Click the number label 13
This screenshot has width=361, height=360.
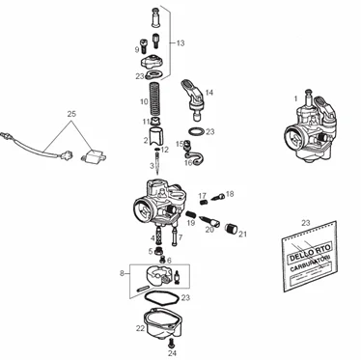pyautogui.click(x=180, y=43)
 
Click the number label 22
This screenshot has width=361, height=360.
pyautogui.click(x=140, y=329)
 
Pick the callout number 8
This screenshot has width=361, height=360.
pyautogui.click(x=122, y=274)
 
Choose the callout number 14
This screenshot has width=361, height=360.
pyautogui.click(x=209, y=93)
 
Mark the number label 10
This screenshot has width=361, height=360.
pyautogui.click(x=144, y=100)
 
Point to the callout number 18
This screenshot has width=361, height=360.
pyautogui.click(x=229, y=194)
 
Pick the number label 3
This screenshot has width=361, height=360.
pyautogui.click(x=151, y=165)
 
